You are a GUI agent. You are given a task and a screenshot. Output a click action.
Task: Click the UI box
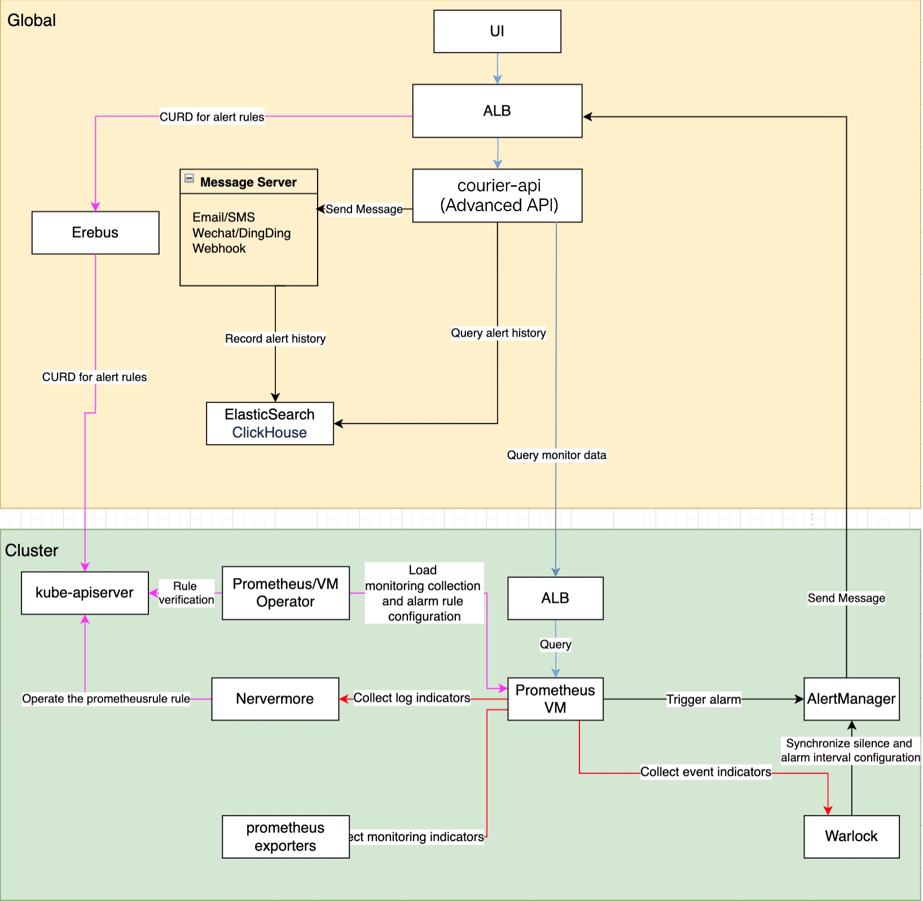497,32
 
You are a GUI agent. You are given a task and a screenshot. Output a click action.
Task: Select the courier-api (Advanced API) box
497,195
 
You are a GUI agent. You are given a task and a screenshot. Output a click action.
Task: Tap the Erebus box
95,233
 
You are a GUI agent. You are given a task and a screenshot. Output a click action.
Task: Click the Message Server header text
248,182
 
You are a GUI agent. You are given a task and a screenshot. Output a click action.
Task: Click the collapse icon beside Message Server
190,178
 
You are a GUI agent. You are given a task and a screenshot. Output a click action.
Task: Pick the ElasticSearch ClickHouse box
270,423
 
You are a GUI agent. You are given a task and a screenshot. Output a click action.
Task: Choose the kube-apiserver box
85,593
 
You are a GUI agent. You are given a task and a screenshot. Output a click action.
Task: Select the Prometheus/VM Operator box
285,593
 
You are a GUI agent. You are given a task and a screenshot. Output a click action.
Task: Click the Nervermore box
275,699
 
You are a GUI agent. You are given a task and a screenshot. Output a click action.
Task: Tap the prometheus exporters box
285,837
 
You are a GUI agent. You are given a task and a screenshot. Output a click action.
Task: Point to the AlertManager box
851,699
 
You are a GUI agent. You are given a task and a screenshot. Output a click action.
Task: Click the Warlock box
851,837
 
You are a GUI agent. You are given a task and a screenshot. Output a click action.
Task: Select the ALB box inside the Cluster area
555,598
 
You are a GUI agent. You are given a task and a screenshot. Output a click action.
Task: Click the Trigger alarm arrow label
704,700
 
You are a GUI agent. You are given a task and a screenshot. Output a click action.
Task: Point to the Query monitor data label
556,455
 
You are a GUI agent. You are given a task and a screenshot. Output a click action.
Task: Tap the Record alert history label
275,339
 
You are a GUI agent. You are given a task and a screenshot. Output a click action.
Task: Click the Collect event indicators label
705,772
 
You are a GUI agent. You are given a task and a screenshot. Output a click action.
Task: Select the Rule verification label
186,593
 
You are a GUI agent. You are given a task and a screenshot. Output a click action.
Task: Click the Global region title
32,20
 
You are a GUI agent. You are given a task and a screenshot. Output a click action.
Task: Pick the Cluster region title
32,550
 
